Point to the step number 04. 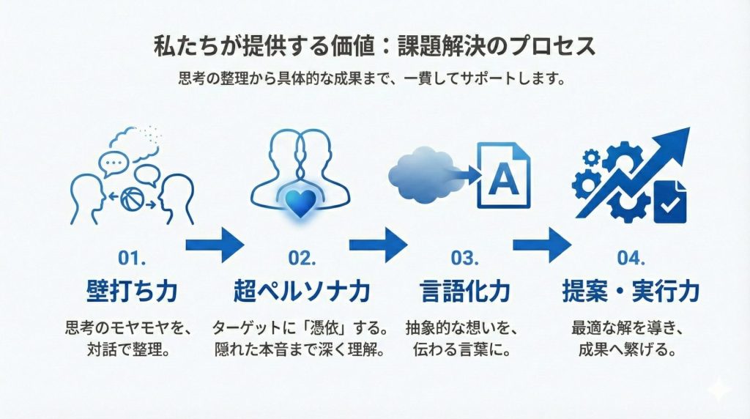(631, 259)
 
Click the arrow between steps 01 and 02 (214, 242)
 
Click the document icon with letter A (502, 177)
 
